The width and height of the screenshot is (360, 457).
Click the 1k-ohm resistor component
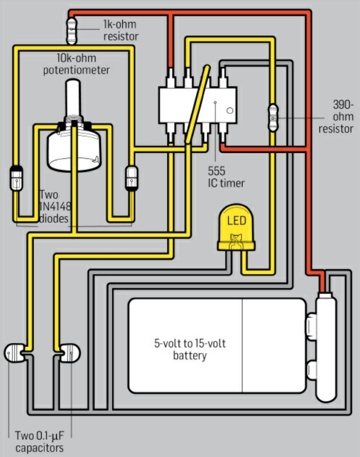coord(71,32)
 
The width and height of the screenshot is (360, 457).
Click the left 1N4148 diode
coord(16,178)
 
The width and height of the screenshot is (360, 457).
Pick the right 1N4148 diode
coord(131,177)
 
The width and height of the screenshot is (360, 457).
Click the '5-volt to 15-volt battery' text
coord(190,350)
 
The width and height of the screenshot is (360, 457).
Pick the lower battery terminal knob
coord(312,370)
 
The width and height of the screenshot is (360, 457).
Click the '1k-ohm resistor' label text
coord(120,31)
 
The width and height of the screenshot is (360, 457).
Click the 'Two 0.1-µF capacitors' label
coord(39,442)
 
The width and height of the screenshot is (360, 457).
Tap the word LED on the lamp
coord(236,221)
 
